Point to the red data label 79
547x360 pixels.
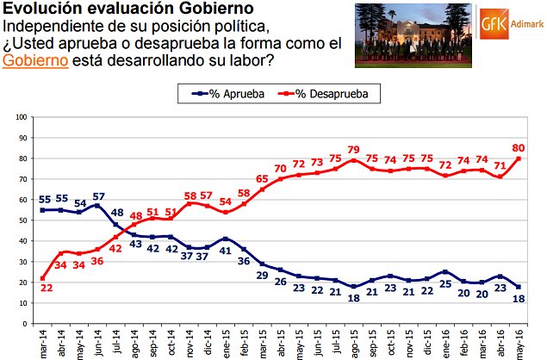tap(352, 148)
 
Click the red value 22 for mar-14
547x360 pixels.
tap(44, 289)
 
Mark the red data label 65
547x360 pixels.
tap(262, 178)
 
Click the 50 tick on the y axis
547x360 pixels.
tap(22, 220)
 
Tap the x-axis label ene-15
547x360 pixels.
tap(225, 343)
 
